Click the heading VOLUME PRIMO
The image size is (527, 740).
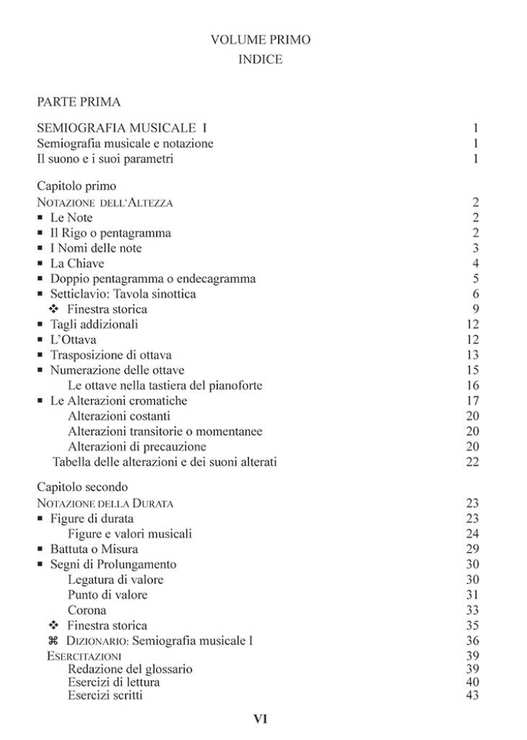261,40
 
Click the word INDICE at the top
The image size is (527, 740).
260,59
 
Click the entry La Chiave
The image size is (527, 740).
77,263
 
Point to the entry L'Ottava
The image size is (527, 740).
73,340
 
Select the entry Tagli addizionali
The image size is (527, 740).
94,324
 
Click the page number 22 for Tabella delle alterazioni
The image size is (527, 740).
472,462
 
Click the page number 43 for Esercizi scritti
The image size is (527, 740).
472,695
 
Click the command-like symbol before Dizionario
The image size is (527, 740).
52,640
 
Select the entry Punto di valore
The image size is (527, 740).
107,595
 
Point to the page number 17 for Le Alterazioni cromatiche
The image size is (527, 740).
472,400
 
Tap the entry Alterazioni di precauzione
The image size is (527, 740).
136,447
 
